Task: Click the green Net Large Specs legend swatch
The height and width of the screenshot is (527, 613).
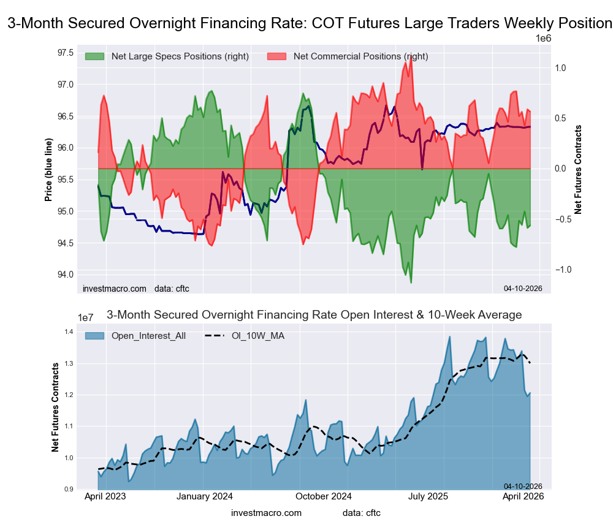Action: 95,56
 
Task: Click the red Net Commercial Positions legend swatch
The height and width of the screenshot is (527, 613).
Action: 277,56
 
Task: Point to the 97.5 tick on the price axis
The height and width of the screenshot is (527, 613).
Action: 66,52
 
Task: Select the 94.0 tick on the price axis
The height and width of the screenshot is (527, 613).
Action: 66,275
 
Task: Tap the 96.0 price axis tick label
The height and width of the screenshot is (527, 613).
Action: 66,148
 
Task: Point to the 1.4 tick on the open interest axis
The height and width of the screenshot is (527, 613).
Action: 69,332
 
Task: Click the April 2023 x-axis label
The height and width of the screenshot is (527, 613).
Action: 105,497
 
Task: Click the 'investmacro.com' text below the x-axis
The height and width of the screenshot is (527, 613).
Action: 267,512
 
